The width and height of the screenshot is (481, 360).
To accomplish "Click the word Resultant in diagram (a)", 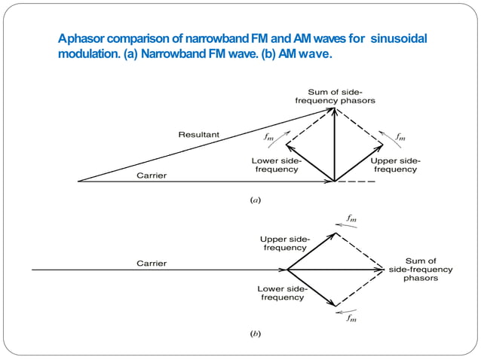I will click(x=198, y=135).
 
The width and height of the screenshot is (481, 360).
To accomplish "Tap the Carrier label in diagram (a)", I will click(x=151, y=175).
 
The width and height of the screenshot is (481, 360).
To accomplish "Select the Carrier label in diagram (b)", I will click(x=151, y=264).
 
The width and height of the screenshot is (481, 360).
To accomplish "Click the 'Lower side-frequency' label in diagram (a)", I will click(x=276, y=165).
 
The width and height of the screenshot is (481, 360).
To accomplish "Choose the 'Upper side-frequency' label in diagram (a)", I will click(x=395, y=165).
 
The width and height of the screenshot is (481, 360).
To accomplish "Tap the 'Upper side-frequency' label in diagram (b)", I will click(x=285, y=243).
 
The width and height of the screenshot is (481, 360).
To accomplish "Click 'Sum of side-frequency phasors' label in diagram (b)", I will click(x=421, y=269).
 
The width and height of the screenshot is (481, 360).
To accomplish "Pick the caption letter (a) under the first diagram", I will click(x=255, y=200).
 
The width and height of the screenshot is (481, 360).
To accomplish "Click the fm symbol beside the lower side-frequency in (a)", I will click(x=269, y=138).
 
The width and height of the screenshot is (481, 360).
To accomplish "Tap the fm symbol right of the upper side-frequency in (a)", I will click(x=400, y=136).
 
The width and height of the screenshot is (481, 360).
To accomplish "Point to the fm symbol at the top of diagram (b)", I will click(x=351, y=218).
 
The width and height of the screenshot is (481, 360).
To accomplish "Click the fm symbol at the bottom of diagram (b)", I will click(x=351, y=319).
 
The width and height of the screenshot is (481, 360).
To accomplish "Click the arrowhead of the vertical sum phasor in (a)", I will click(x=334, y=110).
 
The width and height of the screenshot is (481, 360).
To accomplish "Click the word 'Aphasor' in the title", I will click(x=83, y=38).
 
